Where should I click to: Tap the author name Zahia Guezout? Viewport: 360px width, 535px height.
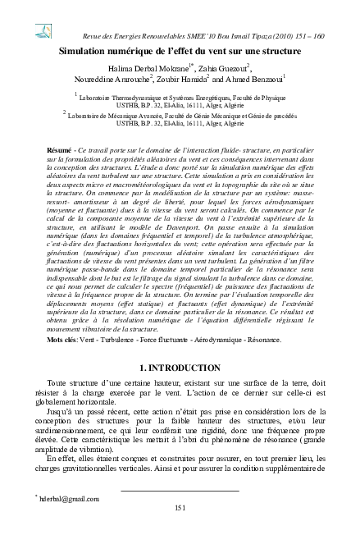[x=222, y=71]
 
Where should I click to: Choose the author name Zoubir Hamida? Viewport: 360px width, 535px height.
[x=181, y=83]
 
